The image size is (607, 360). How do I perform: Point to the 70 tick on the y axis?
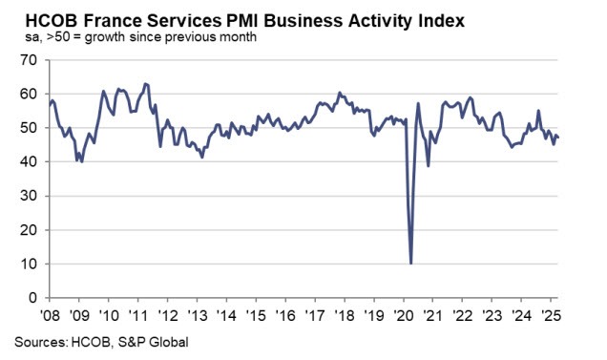point(31,60)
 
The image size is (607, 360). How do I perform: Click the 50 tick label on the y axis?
point(31,128)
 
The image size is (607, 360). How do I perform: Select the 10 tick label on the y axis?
point(31,264)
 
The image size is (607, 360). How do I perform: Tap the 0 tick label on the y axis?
point(34,298)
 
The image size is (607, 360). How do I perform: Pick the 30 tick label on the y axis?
point(31,196)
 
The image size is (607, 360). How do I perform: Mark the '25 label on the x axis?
point(552,314)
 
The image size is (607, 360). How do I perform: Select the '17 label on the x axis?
point(315,314)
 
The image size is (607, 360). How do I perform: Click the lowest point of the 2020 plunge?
point(411,263)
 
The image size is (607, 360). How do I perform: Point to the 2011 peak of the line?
point(144,84)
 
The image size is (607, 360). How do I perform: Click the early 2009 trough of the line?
point(81,161)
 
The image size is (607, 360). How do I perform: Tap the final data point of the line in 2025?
point(558,138)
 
